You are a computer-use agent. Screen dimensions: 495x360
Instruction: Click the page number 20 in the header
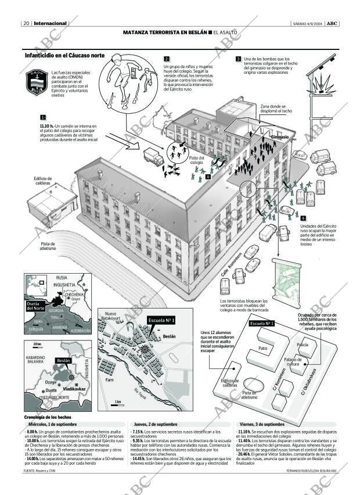click(27, 23)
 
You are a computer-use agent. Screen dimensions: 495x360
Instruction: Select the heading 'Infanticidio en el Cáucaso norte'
click(65, 56)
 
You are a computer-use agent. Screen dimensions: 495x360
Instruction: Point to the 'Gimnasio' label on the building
click(280, 137)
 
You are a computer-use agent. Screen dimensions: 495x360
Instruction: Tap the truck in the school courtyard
click(153, 157)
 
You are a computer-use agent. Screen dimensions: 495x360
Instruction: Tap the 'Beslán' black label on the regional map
click(63, 360)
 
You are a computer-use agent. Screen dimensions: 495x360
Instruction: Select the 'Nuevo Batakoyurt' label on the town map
click(110, 316)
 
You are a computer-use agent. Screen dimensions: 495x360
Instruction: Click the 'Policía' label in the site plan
click(303, 345)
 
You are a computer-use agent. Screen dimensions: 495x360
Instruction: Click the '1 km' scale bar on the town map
click(118, 401)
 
